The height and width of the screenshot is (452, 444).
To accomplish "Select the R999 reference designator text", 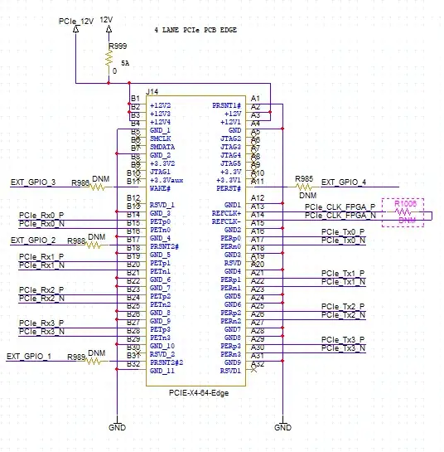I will pos(118,46).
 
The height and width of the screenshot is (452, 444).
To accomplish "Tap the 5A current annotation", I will pos(125,62).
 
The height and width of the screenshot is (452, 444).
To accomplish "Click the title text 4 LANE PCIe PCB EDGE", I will pos(195,29).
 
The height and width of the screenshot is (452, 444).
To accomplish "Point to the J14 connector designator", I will pos(152,90).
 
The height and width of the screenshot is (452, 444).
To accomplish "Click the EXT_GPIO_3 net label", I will pos(33,182).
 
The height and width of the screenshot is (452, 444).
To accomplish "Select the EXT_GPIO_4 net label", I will pos(343,182).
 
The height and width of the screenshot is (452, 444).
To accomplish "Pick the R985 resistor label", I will pos(304,177).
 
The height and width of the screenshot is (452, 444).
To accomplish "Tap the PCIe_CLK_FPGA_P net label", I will pos(340,207).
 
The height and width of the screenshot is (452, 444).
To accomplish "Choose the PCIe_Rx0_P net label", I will pos(41,216).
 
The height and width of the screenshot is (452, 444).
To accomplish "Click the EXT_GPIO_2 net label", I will pos(33,240).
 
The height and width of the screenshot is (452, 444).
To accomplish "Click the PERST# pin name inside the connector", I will pos(228,188).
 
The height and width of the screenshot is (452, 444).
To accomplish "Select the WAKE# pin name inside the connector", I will pos(161,188).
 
